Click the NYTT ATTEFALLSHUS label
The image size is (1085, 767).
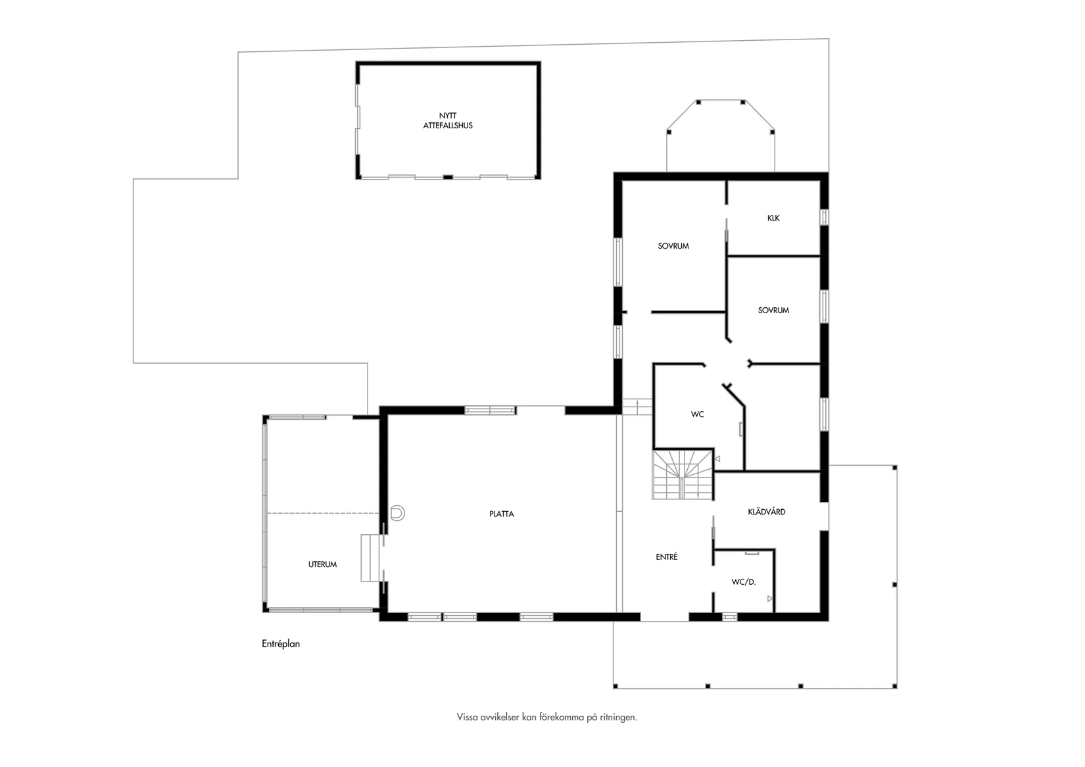pos(448,120)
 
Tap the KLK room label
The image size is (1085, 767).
pos(773,218)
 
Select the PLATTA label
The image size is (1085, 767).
pos(501,514)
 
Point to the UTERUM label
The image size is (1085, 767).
pos(322,564)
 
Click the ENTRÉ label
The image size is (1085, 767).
pos(667,557)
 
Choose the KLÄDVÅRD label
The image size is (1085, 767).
pos(766,512)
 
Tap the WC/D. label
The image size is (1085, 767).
pos(744,582)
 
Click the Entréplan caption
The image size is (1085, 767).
pos(280,644)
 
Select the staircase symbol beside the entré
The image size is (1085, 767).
pos(683,475)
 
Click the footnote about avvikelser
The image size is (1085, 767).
pos(547,717)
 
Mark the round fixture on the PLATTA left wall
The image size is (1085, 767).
pos(397,513)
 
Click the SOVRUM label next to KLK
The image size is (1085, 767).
pos(673,246)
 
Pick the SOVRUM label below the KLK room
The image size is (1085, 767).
pos(773,310)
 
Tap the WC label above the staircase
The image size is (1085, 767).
pos(697,414)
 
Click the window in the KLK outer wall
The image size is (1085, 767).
pos(824,216)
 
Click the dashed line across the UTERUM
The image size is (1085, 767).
pos(323,513)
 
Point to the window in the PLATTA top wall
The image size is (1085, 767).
pos(490,411)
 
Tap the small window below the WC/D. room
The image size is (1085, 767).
pos(729,617)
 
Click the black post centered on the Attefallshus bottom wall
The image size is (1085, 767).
pos(448,178)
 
